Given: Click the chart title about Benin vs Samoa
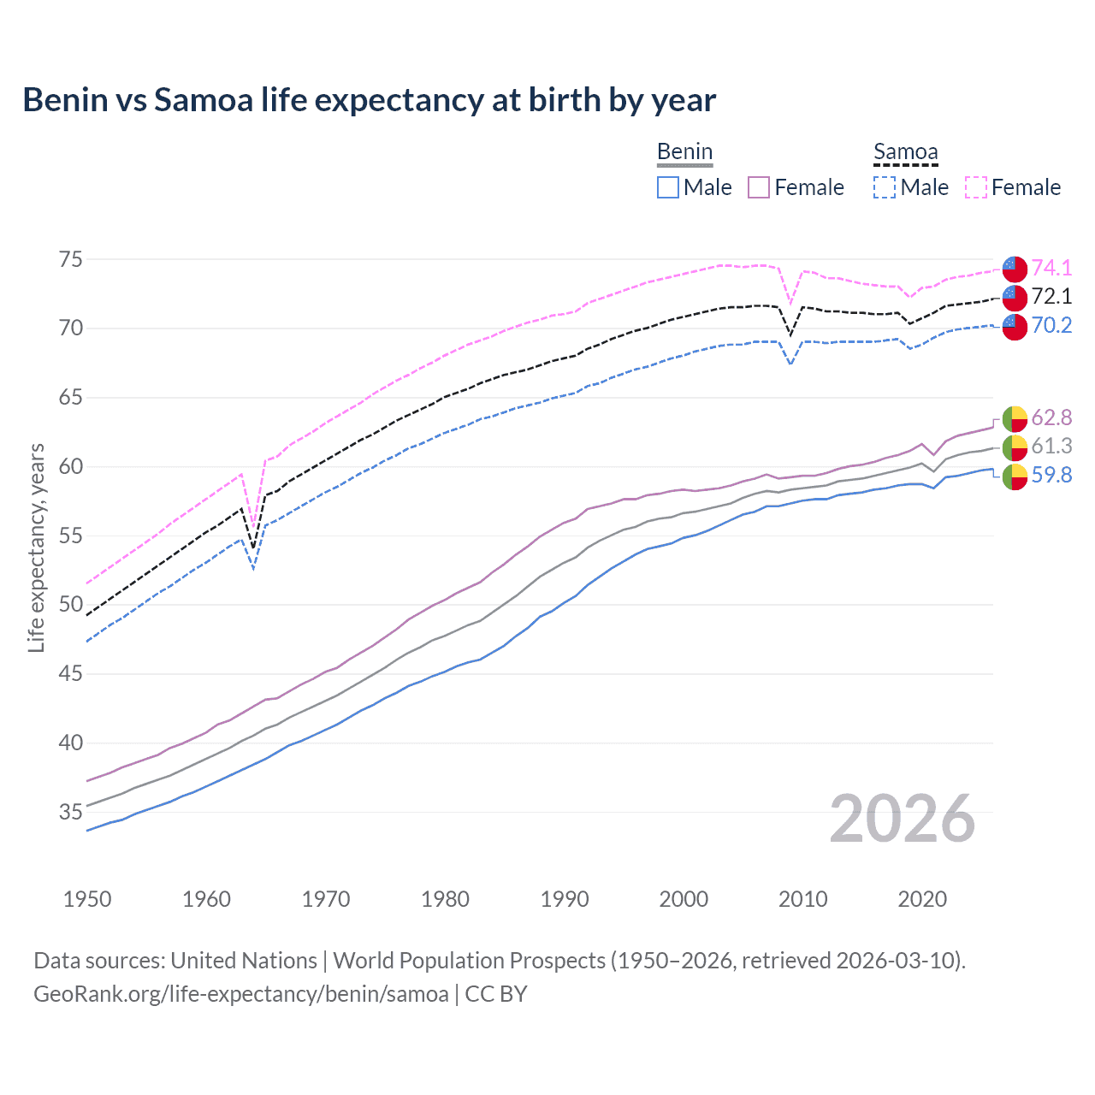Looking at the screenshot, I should (369, 100).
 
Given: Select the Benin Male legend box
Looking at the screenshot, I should (668, 187).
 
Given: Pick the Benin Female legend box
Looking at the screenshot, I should (759, 187).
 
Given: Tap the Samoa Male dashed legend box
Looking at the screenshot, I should (885, 187).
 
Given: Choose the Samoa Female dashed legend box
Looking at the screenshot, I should (976, 187).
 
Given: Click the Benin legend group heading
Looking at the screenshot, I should (684, 152).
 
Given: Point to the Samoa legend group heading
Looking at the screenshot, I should (905, 152).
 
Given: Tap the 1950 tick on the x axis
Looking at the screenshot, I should (87, 899).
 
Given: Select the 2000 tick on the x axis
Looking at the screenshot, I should (684, 899).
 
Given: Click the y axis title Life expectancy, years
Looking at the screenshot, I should (36, 547).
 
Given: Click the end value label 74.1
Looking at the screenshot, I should (1051, 268).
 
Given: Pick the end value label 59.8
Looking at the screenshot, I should (1051, 475).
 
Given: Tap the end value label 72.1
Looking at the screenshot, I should (1051, 297).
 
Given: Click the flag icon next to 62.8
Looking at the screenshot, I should (1015, 418).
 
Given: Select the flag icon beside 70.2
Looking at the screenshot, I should (1015, 326).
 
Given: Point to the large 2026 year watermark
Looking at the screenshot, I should (902, 819).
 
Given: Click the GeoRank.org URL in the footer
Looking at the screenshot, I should (240, 994).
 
